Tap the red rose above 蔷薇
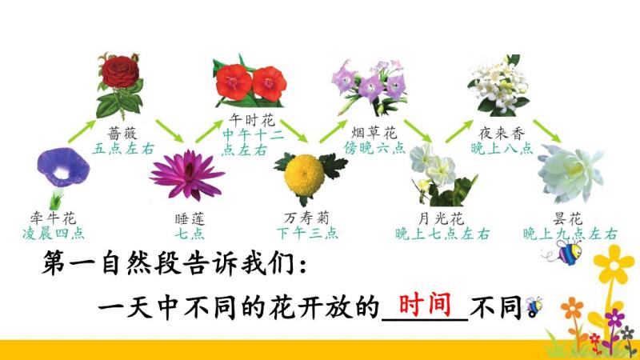point(120,85)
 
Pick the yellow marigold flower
point(306,175)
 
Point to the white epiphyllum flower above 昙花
point(570,173)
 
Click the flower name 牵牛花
point(53,218)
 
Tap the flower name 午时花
point(252,120)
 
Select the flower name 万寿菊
point(306,218)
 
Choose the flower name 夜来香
point(502,133)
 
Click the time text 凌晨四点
point(54,234)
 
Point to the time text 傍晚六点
point(374,147)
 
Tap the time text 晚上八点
point(502,148)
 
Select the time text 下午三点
point(307,233)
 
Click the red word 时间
point(425,305)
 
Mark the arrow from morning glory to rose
point(82,131)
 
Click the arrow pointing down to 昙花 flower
point(547,131)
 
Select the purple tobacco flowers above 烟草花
point(370,86)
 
